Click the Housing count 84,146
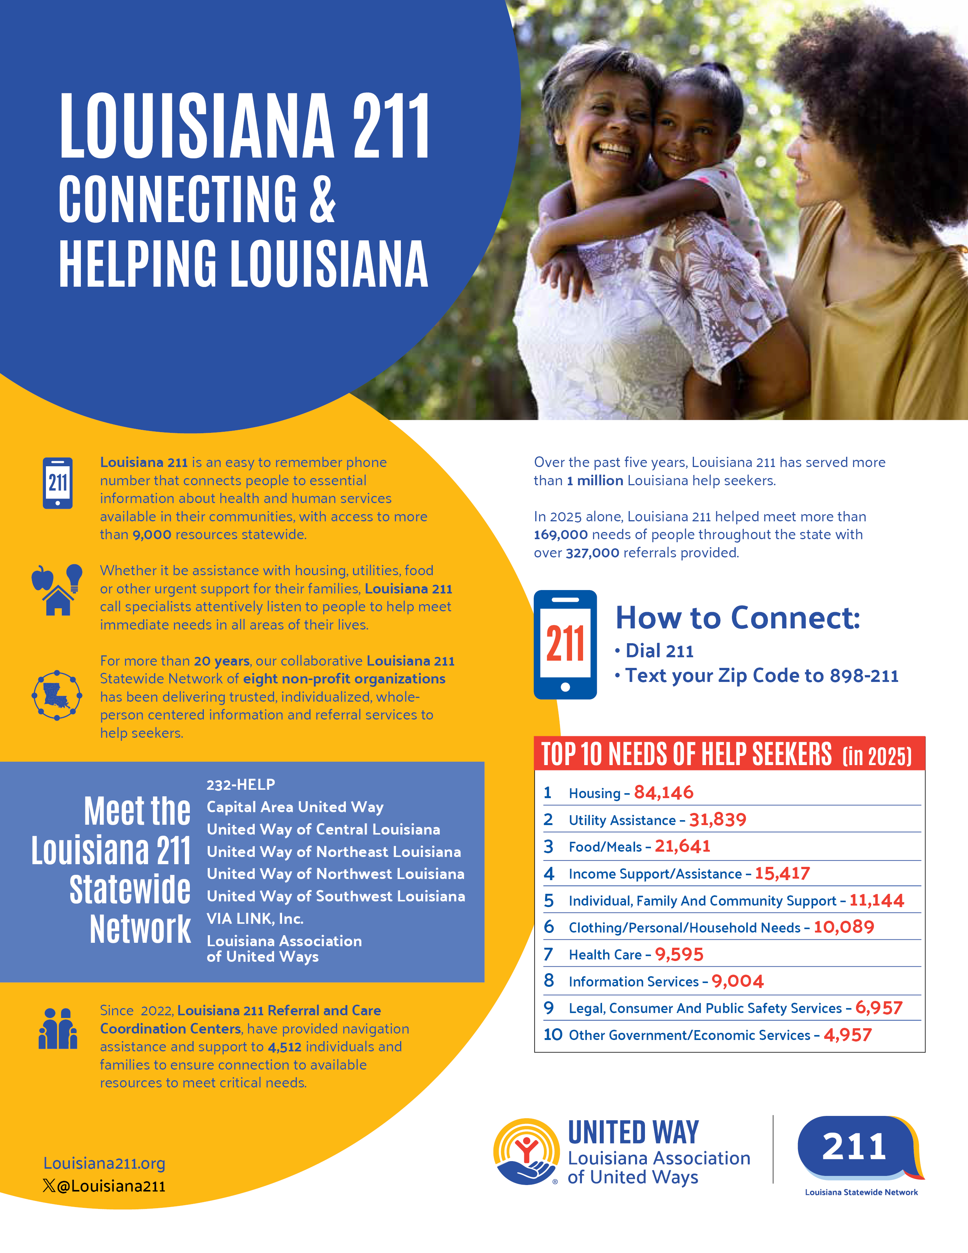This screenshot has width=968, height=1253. coord(664,793)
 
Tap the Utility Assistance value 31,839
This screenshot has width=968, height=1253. coord(717,820)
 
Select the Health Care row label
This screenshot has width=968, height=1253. coord(605,955)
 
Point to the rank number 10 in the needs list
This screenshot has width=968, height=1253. coord(553,1034)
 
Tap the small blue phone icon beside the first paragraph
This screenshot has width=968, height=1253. coord(58,483)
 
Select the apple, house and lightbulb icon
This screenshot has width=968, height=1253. coord(57,590)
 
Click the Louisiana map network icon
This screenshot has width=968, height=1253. coord(57,695)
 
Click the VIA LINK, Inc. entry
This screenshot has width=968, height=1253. coord(255,918)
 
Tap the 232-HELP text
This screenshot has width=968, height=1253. coord(241,784)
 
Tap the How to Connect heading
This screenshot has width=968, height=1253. coord(738,618)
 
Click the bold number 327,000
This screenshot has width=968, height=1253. coord(593,553)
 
